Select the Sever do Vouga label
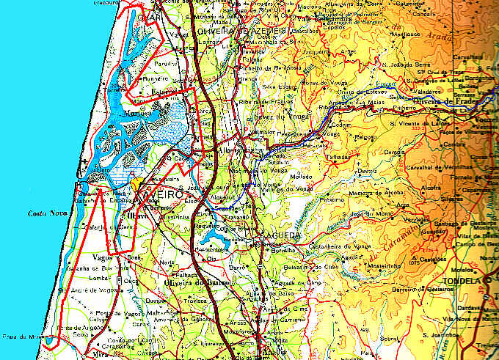[x=278, y=118]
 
